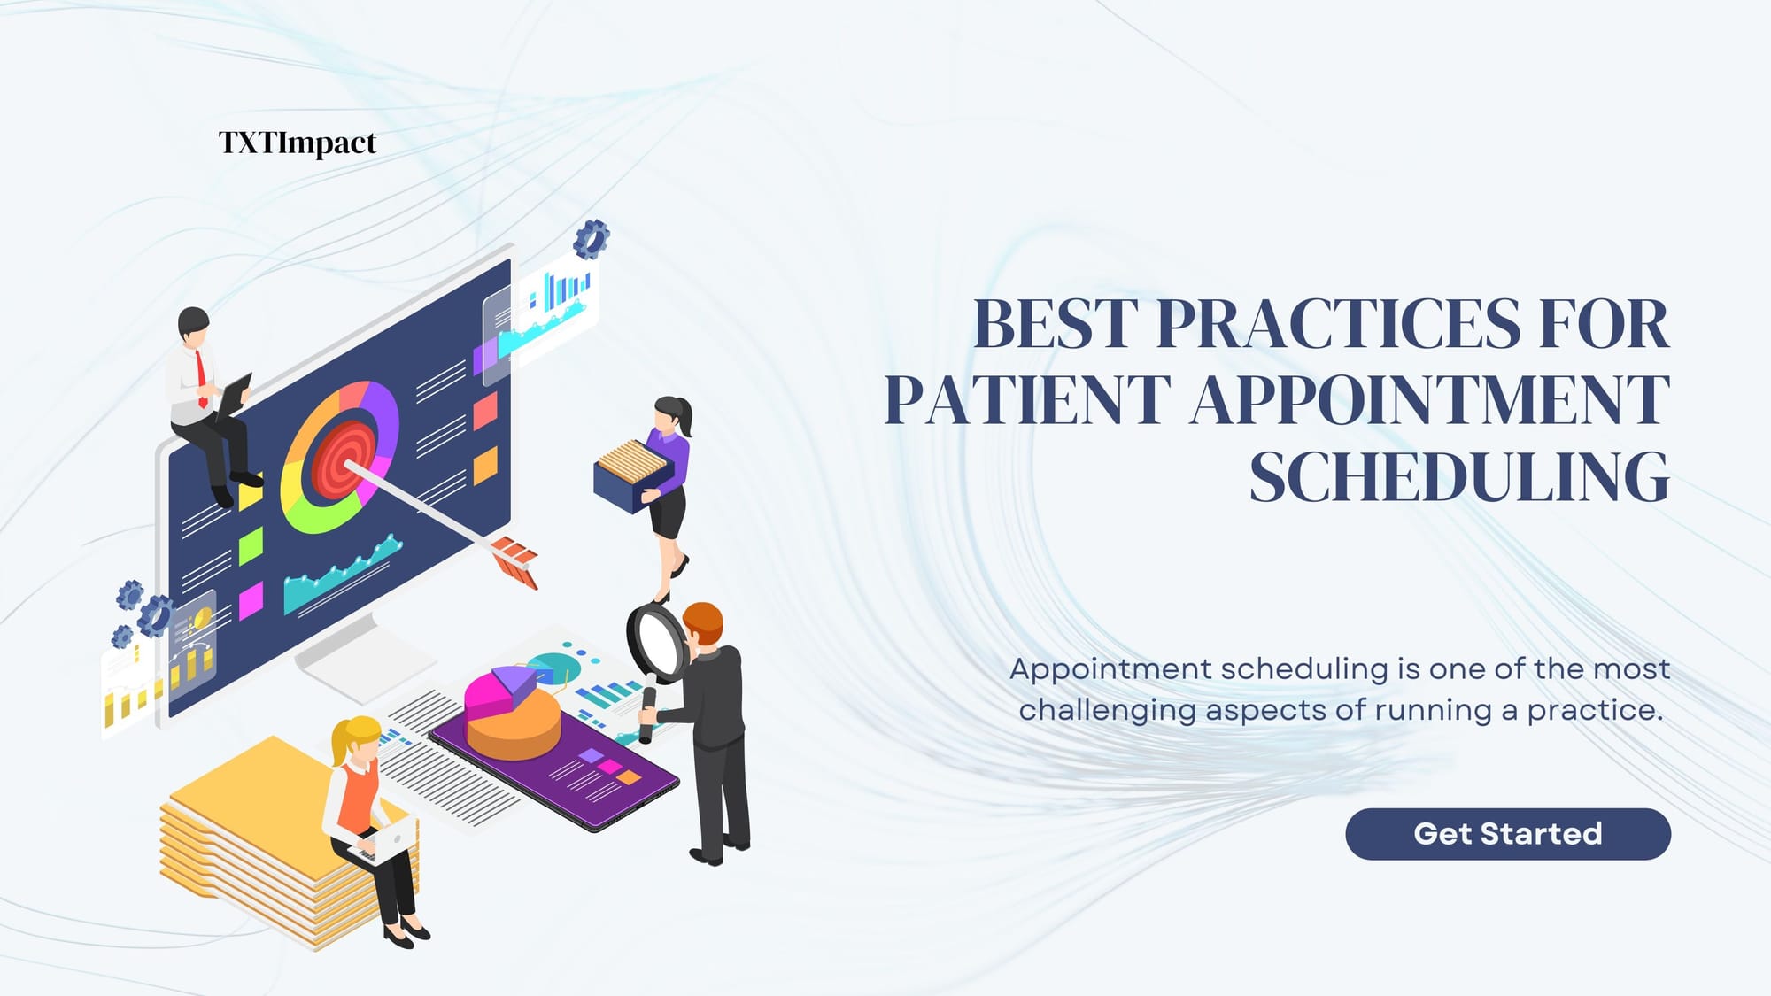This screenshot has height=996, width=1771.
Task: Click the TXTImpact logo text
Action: [298, 143]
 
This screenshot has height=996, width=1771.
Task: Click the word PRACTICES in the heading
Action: [1337, 324]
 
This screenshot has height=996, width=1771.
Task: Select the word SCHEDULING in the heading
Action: [1459, 477]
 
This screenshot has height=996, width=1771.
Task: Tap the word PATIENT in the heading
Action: [1027, 400]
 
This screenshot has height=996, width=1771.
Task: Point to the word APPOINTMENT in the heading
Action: [1430, 400]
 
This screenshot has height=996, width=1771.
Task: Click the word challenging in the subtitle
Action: [1108, 710]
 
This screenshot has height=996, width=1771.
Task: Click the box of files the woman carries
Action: [631, 478]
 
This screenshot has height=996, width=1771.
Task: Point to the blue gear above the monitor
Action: [591, 238]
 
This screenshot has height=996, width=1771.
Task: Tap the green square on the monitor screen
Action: [251, 544]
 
